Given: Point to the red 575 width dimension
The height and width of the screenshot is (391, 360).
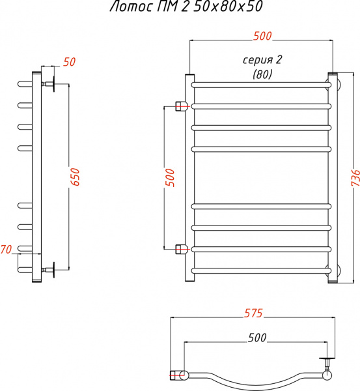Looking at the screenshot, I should [x=253, y=313].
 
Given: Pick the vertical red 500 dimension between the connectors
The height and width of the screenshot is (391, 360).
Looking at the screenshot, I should [x=171, y=177].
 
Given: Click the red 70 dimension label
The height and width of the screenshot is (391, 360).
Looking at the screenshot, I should [x=7, y=249].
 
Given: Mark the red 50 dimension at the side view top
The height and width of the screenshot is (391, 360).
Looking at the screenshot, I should [x=69, y=63].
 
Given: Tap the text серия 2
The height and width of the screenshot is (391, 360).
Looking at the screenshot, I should [x=262, y=60].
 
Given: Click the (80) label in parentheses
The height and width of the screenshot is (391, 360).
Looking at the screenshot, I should [x=262, y=74].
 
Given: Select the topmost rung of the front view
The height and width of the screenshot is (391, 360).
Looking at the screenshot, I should [x=260, y=85].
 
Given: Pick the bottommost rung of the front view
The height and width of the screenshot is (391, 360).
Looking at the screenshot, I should [x=260, y=270].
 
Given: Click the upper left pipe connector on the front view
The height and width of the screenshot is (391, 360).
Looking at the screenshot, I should [x=182, y=106].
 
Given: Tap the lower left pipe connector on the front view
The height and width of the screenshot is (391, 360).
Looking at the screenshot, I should [x=182, y=248].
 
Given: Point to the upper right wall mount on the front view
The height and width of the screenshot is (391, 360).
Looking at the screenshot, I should [x=336, y=84].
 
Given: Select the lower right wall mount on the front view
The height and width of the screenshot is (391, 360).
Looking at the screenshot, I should [x=336, y=270].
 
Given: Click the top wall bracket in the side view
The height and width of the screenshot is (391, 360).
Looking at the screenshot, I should [x=50, y=84].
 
